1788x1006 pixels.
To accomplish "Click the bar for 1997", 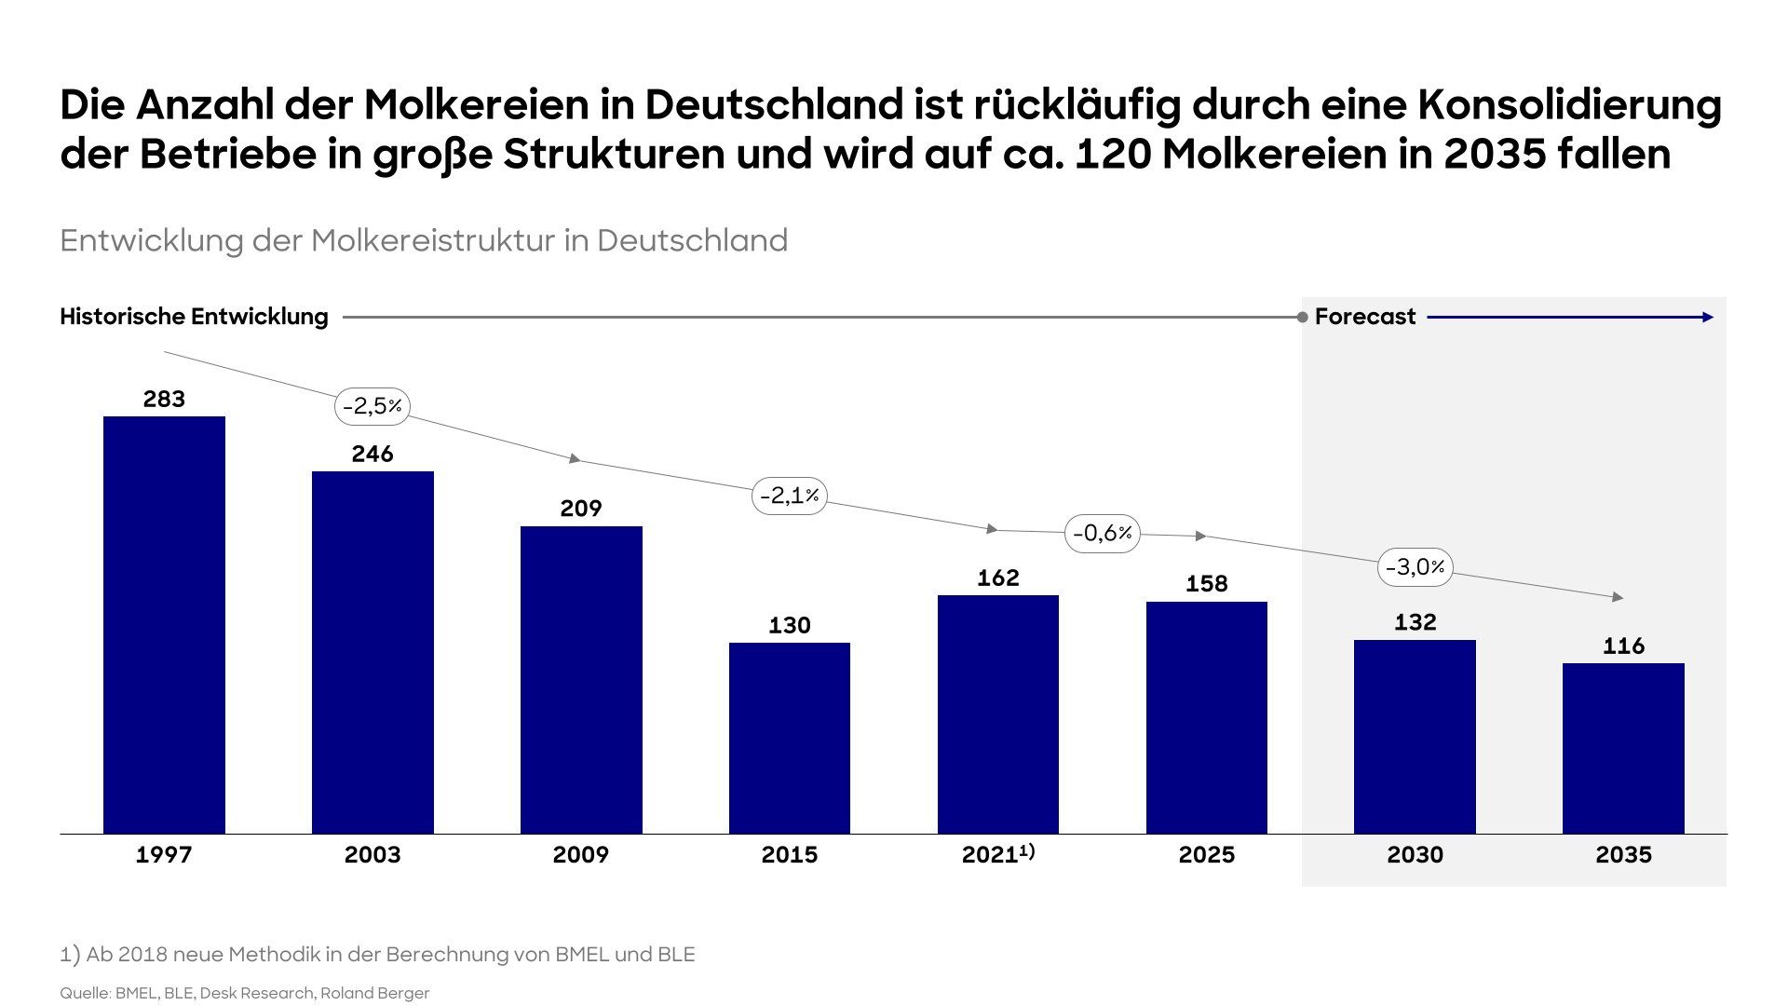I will (x=164, y=624).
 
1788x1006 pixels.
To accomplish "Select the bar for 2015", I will (x=790, y=738).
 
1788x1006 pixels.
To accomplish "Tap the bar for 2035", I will (x=1623, y=748).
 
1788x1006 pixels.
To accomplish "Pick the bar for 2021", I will (x=998, y=714).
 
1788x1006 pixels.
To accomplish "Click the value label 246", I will (x=372, y=454).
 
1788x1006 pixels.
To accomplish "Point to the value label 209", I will (x=581, y=509).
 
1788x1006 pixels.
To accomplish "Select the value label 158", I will (x=1207, y=584).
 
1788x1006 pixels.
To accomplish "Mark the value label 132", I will (x=1415, y=622).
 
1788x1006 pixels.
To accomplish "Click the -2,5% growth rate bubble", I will (x=372, y=406).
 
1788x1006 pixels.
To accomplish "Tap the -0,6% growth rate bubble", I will (x=1103, y=534).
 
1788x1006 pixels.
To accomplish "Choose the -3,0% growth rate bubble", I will (x=1415, y=567).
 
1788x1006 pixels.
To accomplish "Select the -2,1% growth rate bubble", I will (x=790, y=496).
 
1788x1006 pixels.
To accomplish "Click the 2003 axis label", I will (x=372, y=855).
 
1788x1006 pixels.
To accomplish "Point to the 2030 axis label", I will (x=1415, y=855).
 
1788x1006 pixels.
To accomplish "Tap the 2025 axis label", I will (x=1207, y=855).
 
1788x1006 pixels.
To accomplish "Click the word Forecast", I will (x=1364, y=317).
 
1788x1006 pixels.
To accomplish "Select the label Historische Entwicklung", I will (x=194, y=317).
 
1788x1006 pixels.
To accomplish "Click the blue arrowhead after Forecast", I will (x=1708, y=318).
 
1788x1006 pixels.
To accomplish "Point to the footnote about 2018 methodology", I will (x=377, y=955).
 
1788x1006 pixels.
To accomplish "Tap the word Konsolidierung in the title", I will (x=1569, y=105).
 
